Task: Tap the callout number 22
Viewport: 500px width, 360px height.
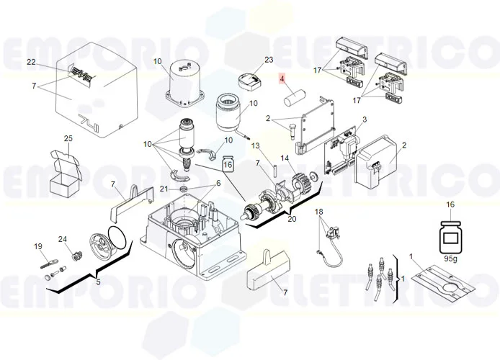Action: tap(31, 62)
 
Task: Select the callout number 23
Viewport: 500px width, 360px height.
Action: tap(249, 59)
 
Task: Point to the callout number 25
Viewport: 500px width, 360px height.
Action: tap(68, 138)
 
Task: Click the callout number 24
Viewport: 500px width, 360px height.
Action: tap(62, 239)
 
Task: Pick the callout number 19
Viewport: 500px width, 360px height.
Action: tap(38, 247)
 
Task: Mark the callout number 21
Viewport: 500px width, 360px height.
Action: tap(164, 189)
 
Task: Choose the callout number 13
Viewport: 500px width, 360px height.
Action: tap(255, 145)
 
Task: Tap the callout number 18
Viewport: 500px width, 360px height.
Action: tap(320, 212)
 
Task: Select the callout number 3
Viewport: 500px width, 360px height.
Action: tap(365, 119)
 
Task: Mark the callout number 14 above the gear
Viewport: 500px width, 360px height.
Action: tap(285, 158)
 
